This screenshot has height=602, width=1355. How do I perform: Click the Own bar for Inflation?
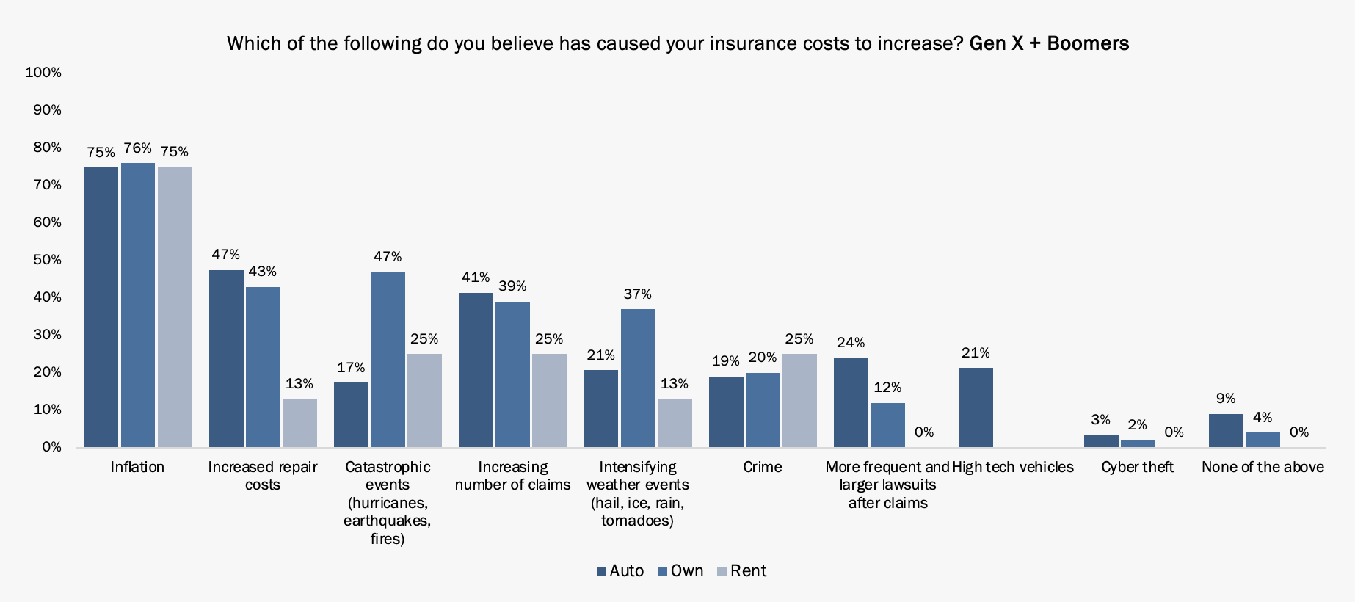coord(138,305)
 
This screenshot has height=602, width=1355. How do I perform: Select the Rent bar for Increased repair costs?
coord(299,423)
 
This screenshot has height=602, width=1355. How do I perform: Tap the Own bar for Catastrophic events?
coord(388,359)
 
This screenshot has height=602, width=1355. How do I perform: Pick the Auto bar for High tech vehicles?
coord(976,407)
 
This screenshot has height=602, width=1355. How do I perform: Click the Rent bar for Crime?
coord(799,400)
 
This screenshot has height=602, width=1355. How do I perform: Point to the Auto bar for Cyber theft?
coord(1101,441)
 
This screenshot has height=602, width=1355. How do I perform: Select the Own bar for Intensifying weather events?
coord(638,377)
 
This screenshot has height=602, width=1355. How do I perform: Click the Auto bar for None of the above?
coord(1226,430)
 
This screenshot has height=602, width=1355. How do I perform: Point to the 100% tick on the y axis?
coord(43,72)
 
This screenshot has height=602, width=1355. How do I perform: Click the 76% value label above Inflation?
coord(138,148)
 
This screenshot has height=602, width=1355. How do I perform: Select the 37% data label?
coord(637,294)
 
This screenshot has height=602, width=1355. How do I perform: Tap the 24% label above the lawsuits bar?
coord(851,343)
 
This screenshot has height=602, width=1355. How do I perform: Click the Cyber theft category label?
coord(1137,467)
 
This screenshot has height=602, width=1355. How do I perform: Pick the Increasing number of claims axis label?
coord(512,476)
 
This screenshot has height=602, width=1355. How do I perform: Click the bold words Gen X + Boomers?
coord(1049,43)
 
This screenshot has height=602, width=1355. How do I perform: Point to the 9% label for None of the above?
coord(1226,399)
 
